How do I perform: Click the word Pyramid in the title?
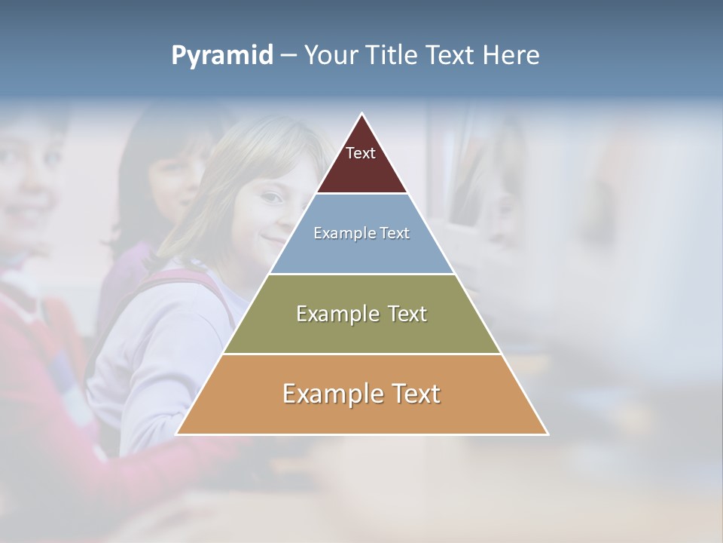pos(221,56)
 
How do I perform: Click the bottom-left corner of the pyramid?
pos(178,434)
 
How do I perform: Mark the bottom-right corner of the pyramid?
pos(547,434)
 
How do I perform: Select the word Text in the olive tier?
pos(401,314)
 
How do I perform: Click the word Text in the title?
pos(450,56)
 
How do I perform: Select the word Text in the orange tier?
pos(414,394)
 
